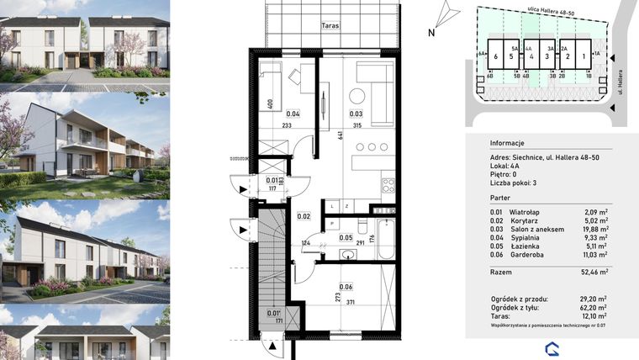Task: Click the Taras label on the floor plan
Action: coord(330,26)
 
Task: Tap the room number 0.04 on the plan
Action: coord(293,114)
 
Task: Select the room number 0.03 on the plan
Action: coord(356,114)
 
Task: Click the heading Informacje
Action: coord(507,143)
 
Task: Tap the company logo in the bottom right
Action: coord(551,347)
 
